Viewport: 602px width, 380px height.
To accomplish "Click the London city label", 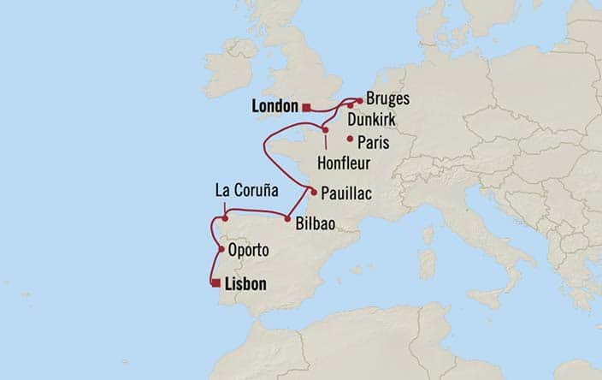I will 275,107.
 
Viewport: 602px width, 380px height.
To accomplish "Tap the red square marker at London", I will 306,107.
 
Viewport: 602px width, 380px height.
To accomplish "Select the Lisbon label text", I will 246,283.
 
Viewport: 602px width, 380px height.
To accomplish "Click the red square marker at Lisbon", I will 216,282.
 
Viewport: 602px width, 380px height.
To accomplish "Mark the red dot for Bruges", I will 360,100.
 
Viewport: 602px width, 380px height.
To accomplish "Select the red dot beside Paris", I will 350,139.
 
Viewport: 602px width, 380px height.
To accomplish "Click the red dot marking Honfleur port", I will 325,130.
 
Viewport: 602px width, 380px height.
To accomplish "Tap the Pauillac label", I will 347,194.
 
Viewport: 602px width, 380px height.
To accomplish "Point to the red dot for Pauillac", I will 314,192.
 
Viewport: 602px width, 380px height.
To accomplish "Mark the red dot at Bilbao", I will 287,217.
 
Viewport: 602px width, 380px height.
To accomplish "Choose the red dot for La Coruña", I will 224,218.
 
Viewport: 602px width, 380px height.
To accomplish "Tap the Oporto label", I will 250,251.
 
